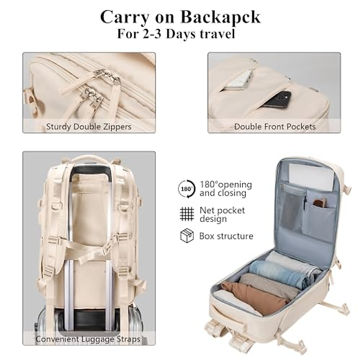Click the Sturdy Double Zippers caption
89,127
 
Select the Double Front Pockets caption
275,127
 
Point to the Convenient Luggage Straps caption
88,339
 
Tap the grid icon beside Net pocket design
187,214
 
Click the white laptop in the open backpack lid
310,177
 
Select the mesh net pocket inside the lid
291,210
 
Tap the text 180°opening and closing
226,189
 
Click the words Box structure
226,236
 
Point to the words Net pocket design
222,214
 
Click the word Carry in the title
124,17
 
